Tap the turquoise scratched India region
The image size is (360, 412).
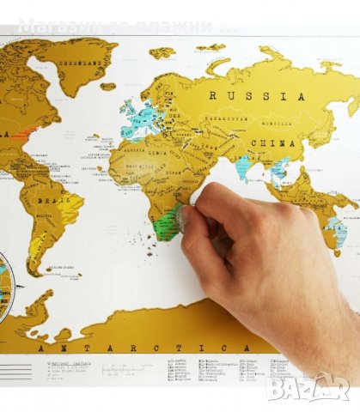[x=243, y=166]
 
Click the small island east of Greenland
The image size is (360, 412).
[x=107, y=87]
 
